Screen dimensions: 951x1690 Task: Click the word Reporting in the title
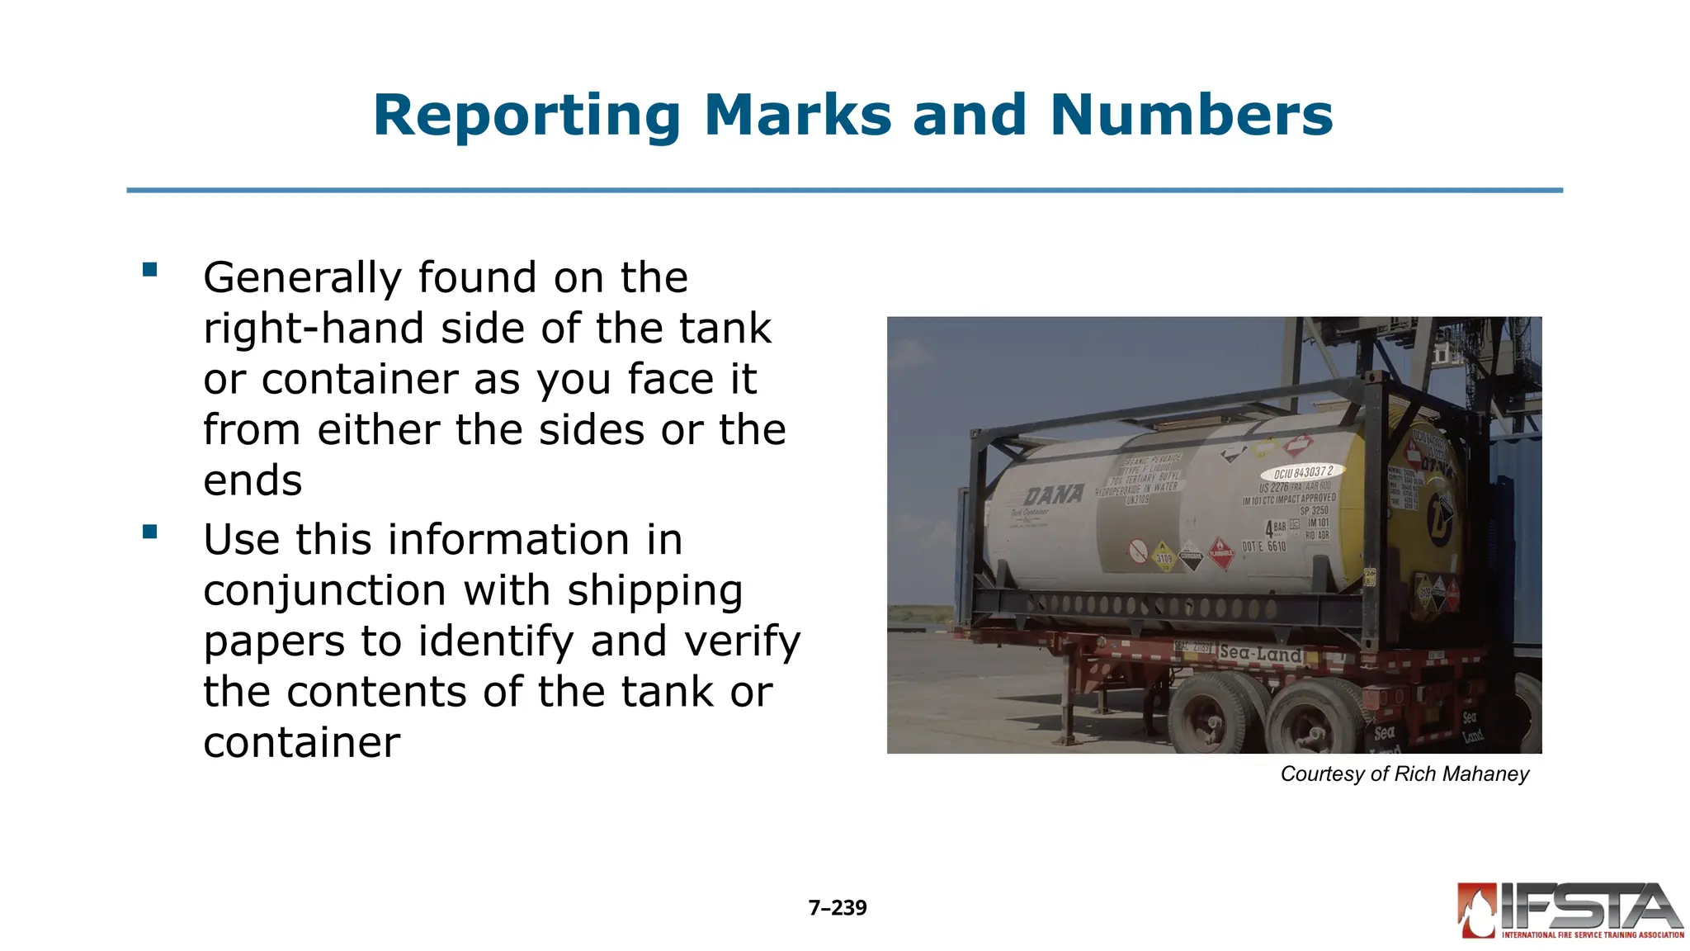pos(526,116)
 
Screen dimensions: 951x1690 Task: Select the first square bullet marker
pos(149,269)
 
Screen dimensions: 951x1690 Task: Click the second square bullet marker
pos(149,532)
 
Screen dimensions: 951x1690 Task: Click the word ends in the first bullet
pos(253,480)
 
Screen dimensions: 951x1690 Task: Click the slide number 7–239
pos(838,908)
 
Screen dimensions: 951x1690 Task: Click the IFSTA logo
pos(1570,911)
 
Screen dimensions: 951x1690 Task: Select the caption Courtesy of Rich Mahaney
pos(1404,774)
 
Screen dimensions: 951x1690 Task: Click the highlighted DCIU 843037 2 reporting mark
pos(1302,473)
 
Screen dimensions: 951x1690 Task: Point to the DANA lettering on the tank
pos(1054,495)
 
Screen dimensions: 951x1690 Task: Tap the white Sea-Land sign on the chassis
pos(1260,654)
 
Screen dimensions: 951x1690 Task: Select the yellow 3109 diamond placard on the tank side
pos(1163,557)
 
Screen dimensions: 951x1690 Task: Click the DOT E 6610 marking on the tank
pos(1264,546)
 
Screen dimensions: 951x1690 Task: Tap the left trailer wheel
pos(1208,716)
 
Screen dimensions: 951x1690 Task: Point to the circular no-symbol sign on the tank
pos(1138,550)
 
